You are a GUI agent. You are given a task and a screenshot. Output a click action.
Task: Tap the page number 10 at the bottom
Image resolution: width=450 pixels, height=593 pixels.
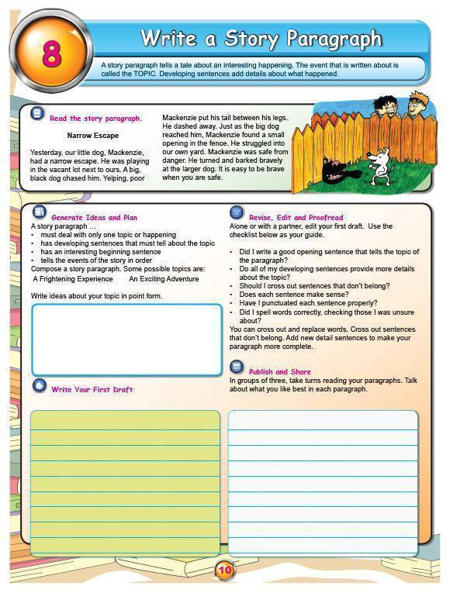click(224, 571)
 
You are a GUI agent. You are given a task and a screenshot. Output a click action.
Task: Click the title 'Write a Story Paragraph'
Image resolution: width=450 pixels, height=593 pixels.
click(261, 38)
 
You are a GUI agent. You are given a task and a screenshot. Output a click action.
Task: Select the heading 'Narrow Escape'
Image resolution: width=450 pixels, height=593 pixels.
click(93, 136)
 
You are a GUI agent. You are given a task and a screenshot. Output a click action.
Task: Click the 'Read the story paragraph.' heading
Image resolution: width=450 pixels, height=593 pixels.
click(95, 119)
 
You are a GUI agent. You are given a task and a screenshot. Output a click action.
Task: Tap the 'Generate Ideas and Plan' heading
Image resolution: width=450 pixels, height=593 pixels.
click(94, 218)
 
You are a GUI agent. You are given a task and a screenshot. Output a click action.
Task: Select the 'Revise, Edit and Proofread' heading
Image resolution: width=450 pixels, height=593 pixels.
click(296, 218)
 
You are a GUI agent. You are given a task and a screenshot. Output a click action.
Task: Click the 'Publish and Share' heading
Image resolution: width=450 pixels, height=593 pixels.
click(279, 372)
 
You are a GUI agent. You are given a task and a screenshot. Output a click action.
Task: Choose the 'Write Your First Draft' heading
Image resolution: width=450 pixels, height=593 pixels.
click(92, 389)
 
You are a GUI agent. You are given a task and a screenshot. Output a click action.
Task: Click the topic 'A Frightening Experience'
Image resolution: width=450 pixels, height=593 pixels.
click(73, 279)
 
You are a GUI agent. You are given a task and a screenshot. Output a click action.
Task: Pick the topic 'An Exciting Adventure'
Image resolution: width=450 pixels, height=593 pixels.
click(164, 279)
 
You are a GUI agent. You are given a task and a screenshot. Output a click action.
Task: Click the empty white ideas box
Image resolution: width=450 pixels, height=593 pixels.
click(126, 340)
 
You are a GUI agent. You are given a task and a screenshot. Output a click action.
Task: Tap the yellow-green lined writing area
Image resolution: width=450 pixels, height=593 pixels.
click(125, 482)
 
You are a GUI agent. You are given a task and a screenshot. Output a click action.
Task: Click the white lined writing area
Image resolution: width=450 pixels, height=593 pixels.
click(323, 482)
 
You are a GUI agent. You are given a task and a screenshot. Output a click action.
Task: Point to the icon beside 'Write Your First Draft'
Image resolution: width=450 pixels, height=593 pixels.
click(39, 386)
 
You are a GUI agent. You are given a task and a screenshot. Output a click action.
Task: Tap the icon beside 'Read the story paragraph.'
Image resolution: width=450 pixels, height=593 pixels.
click(36, 114)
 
